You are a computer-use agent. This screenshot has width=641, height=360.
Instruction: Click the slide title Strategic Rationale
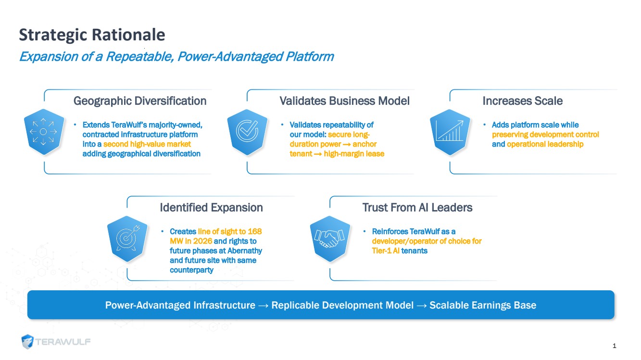92,35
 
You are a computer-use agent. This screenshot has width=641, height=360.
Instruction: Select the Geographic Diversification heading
140,101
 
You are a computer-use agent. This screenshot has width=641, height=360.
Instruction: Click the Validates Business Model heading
344,101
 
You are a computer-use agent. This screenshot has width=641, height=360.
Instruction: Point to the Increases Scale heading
523,101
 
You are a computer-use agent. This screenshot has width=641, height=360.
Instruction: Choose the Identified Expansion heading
211,208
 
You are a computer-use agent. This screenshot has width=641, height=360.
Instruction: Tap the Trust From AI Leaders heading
417,208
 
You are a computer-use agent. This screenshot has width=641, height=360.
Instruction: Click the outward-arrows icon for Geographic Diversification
43,132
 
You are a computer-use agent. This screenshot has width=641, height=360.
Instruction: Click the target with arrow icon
127,239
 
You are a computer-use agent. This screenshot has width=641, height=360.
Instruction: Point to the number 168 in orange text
255,231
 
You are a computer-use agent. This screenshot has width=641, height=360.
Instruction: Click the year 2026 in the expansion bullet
202,241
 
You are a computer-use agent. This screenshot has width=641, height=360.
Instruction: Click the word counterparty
191,270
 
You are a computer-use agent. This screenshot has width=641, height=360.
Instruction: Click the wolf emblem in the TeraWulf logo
27,341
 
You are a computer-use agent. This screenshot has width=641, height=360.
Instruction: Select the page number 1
614,346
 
